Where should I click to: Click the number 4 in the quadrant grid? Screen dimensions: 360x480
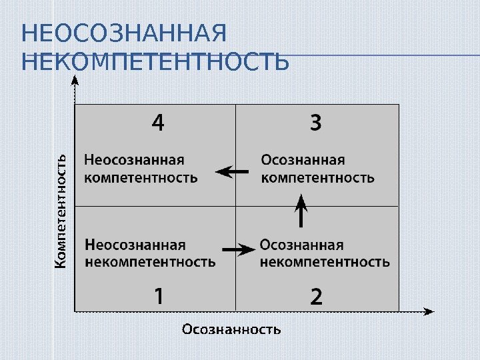coord(157,123)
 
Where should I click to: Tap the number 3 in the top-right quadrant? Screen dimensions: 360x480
coord(315,123)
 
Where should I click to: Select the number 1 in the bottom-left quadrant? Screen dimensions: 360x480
coord(158,295)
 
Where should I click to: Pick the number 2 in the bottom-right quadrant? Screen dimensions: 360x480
coord(316,296)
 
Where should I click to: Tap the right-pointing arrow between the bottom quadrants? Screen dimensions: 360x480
coord(238,249)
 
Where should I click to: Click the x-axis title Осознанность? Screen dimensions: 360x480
coord(231,329)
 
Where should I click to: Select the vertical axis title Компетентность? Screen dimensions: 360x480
coord(61,211)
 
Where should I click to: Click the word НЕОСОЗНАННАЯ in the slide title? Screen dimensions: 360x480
coord(124,32)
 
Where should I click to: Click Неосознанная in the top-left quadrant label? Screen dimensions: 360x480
coord(134,160)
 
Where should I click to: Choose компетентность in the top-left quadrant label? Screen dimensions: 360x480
coord(141,177)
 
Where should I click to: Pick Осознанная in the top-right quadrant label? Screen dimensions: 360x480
coord(303,160)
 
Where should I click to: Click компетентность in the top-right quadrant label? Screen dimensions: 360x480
coord(317,177)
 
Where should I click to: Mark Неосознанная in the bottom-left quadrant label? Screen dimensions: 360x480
coord(136,245)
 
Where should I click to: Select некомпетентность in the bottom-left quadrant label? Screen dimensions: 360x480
coord(151,262)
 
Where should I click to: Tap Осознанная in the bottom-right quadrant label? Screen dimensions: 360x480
coord(302,245)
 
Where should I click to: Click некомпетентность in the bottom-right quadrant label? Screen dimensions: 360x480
coord(325,262)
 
